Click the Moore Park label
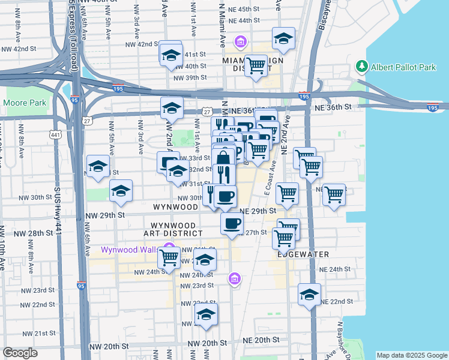coord(25,103)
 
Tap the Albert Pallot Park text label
coord(403,67)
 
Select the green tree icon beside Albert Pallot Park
coord(361,66)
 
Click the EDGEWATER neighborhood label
coord(303,254)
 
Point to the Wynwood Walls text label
coord(129,250)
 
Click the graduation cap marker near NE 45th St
coord(283,39)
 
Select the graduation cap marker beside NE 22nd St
coord(309,295)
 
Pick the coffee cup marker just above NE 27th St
coord(232,224)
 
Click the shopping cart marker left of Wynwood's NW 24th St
coord(169,257)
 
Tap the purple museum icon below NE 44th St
coord(241,42)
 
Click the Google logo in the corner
coord(20,353)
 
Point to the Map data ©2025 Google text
coord(411,355)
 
